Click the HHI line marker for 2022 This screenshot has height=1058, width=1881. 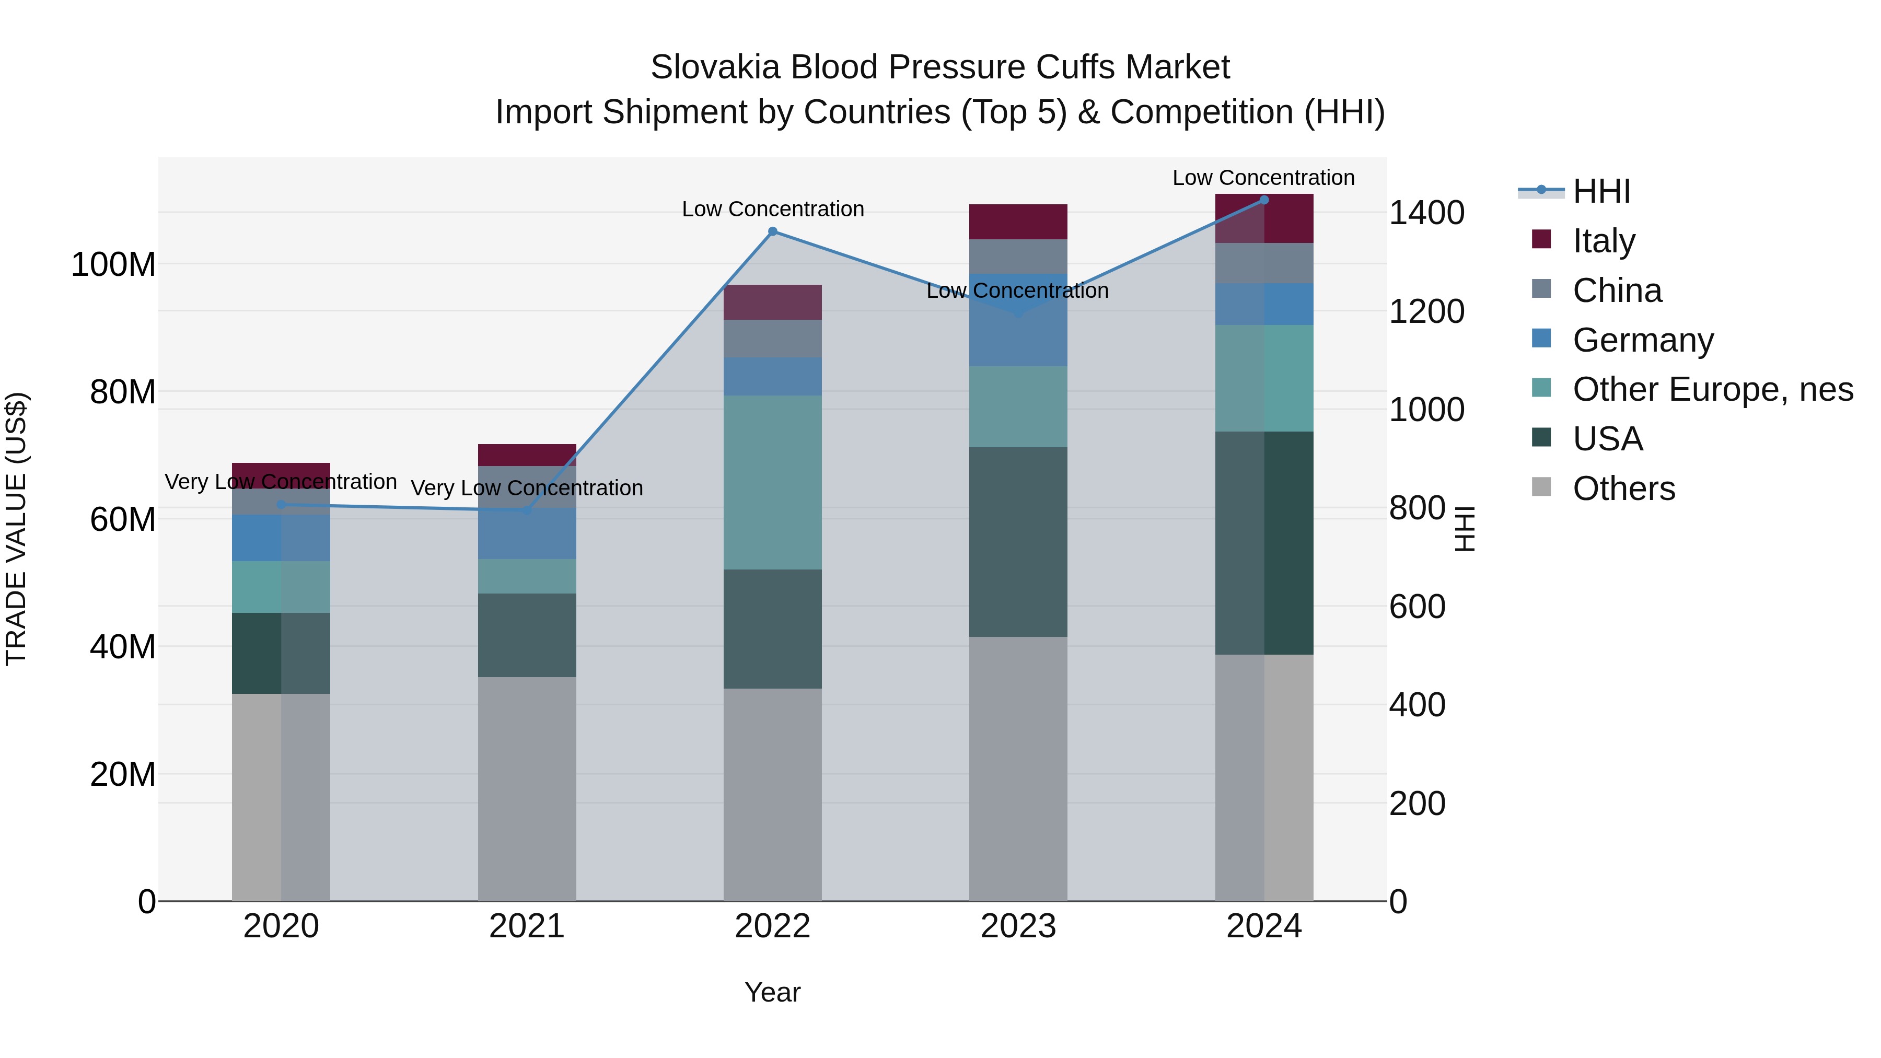click(773, 231)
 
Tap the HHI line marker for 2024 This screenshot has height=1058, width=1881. click(1264, 200)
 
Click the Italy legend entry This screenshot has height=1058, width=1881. click(1604, 241)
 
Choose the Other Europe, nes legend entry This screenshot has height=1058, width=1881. click(1712, 389)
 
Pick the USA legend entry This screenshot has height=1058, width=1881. click(1607, 439)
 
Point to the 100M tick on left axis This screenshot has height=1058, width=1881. click(113, 264)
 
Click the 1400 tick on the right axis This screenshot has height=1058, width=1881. click(1426, 213)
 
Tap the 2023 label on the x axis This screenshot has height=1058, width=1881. click(1018, 926)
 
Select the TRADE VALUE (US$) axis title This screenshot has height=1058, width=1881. click(17, 529)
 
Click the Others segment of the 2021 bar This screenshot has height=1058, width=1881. click(527, 788)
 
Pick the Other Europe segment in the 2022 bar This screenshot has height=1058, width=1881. click(773, 482)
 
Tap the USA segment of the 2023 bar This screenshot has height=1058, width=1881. click(1018, 542)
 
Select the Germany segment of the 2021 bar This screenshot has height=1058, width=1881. click(527, 534)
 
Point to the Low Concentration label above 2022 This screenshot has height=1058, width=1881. click(773, 210)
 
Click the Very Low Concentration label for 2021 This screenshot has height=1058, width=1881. click(527, 489)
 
